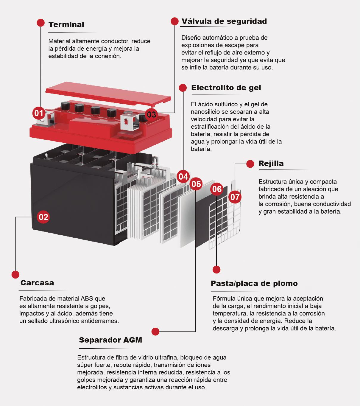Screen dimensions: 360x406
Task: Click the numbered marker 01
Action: point(39,113)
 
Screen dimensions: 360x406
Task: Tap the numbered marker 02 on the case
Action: point(43,217)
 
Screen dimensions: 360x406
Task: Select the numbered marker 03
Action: point(151,114)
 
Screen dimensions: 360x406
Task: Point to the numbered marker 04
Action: point(183,177)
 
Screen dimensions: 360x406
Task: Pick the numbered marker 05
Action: point(196,184)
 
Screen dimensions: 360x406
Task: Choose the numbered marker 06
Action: point(217,189)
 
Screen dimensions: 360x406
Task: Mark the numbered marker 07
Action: point(235,197)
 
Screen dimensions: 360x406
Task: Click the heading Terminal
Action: point(66,24)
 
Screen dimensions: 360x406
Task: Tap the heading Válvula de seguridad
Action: point(224,21)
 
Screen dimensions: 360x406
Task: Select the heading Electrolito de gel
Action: point(226,88)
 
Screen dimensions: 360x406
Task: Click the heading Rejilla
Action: point(271,164)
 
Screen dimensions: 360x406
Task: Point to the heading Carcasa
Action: point(37,283)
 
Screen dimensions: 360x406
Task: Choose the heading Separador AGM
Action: point(110,340)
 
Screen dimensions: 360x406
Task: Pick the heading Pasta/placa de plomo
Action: point(254,283)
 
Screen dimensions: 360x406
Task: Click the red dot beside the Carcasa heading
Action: point(15,275)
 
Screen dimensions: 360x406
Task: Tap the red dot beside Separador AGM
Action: point(155,331)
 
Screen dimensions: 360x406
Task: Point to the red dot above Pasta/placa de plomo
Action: point(216,270)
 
